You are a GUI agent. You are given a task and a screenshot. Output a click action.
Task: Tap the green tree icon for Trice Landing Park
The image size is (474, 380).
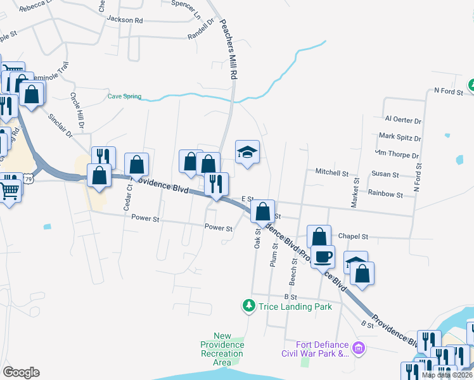pos(249,307)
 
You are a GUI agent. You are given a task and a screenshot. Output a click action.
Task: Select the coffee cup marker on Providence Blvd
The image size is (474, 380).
pos(323,257)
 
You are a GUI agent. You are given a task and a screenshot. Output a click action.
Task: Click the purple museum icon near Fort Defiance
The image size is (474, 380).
pos(359,348)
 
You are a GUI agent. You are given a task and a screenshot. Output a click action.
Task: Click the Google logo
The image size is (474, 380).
pos(21,372)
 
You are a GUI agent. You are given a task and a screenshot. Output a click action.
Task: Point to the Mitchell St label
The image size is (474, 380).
pos(332,172)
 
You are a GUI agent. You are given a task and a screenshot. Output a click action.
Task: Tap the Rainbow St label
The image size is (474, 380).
pos(385,194)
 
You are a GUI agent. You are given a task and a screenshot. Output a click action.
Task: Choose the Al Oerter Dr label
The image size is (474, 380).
pos(403,120)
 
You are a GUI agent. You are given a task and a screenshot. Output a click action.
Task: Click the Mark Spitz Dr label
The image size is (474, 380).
pos(400,136)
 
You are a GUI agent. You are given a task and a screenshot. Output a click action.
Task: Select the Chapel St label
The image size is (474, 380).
pos(353,236)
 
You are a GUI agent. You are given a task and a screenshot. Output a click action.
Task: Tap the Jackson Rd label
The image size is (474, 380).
pos(125,20)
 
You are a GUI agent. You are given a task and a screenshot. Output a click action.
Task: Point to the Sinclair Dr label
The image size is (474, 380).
pos(61,125)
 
